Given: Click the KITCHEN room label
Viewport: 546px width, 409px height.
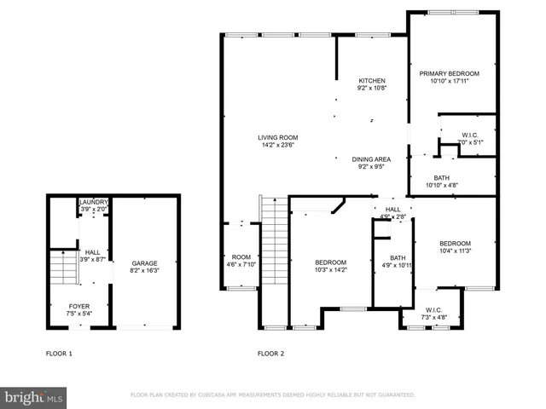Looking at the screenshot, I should pyautogui.click(x=371, y=80).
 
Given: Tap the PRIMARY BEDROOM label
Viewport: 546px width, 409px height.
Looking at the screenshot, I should pyautogui.click(x=449, y=74).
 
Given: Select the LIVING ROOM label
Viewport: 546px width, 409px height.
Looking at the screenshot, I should pyautogui.click(x=278, y=137).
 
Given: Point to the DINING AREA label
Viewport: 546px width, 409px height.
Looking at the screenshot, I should pyautogui.click(x=371, y=159).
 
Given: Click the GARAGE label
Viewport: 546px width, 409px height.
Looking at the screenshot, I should pyautogui.click(x=144, y=263).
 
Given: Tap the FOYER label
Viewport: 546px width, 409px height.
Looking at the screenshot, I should pyautogui.click(x=78, y=305).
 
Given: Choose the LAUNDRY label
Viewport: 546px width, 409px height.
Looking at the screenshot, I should pyautogui.click(x=93, y=202).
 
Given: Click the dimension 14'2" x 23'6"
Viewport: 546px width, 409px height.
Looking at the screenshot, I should pyautogui.click(x=278, y=145).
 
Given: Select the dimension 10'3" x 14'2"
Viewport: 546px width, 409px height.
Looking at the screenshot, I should pyautogui.click(x=330, y=269).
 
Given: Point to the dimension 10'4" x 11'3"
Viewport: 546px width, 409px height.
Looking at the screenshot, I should pyautogui.click(x=455, y=251).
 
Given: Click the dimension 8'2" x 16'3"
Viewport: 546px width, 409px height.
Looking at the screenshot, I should pyautogui.click(x=144, y=271).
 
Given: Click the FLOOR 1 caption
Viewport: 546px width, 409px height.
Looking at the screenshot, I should pyautogui.click(x=59, y=353).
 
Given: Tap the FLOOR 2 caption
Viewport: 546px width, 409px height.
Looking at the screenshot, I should pyautogui.click(x=270, y=353).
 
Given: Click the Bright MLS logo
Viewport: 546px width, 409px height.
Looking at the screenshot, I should pyautogui.click(x=34, y=397).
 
